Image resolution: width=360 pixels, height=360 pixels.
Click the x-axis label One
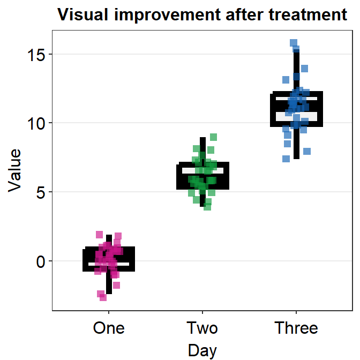click(x=109, y=327)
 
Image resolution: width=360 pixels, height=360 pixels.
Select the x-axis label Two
click(x=202, y=327)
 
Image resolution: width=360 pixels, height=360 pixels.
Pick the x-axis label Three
click(x=296, y=327)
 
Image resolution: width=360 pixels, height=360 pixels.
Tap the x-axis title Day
click(x=202, y=350)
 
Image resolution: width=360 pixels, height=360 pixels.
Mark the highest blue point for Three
click(x=294, y=43)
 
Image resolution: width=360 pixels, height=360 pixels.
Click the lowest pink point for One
click(x=103, y=297)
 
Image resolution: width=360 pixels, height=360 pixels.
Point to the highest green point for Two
click(x=213, y=137)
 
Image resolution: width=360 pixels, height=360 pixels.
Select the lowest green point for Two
click(x=207, y=207)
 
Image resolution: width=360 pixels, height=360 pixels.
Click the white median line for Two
click(x=202, y=170)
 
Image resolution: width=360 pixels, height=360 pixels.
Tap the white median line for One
click(x=109, y=264)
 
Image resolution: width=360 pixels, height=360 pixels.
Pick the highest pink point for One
click(x=99, y=234)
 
